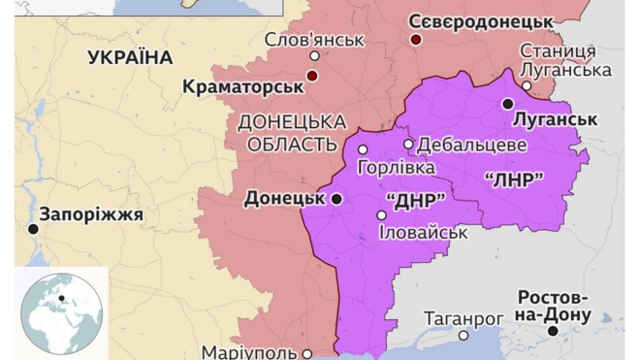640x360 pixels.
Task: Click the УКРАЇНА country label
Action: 130,57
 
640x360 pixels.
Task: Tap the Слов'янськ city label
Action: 315,40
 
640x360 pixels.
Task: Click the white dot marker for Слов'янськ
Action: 314,56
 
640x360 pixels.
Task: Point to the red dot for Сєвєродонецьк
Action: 416,40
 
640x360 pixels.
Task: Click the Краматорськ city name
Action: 241,87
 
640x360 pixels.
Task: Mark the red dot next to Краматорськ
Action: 312,76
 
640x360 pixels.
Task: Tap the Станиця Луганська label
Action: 564,60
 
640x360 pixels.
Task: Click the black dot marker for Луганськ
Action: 507,103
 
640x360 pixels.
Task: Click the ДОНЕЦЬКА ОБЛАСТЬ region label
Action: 292,133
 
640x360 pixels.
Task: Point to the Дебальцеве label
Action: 471,145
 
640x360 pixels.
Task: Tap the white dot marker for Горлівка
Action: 363,149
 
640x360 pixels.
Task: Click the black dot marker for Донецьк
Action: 336,199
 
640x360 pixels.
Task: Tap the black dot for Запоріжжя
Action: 34,229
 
